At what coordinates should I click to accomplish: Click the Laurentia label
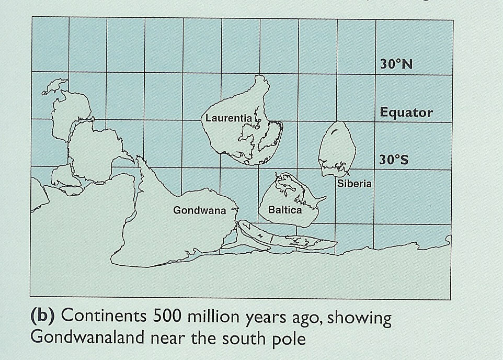[x=228, y=118]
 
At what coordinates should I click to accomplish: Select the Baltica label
[x=285, y=210]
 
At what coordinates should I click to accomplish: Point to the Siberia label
[x=355, y=183]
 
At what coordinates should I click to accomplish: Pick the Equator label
[x=406, y=113]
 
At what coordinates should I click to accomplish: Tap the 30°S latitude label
[x=394, y=160]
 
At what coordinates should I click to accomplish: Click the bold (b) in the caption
[x=43, y=317]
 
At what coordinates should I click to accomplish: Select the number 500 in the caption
[x=169, y=317]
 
